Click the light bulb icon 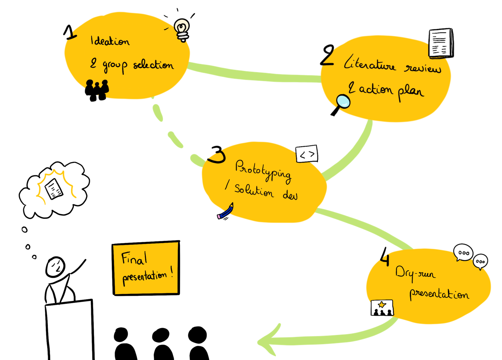pos(182,29)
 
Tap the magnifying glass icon pos(342,103)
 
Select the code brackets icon pos(307,154)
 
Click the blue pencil pos(226,211)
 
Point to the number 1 pos(70,33)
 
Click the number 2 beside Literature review pos(328,56)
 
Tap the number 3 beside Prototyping pos(217,155)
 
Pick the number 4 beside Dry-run pos(384,257)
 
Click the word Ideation pos(110,41)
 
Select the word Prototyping pos(263,171)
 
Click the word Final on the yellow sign pos(134,258)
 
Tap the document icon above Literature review pos(441,43)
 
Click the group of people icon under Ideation pos(97,90)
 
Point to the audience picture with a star pos(382,308)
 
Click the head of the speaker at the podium pos(56,267)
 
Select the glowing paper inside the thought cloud pos(54,189)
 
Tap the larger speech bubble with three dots pos(463,253)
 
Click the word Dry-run pos(415,273)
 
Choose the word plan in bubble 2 pos(410,92)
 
